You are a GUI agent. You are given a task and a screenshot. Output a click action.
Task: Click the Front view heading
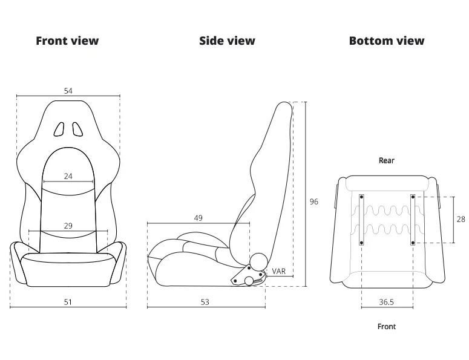coord(67,41)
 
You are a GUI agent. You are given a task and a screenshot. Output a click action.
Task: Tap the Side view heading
coord(228,41)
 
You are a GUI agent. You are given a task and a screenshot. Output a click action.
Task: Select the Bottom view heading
coord(387,41)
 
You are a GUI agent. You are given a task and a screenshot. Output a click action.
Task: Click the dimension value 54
coord(68,91)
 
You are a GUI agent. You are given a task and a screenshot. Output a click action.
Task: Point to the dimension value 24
coord(68,177)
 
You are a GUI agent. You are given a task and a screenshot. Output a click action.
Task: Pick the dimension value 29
coord(68,226)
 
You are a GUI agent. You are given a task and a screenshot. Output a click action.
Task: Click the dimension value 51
coord(68,302)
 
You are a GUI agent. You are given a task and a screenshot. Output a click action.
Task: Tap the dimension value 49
coord(198,218)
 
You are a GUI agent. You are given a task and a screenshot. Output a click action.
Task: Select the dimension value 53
coord(205,302)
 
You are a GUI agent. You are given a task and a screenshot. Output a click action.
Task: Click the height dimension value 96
coord(313,202)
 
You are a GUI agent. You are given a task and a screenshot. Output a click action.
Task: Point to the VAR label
coord(279,271)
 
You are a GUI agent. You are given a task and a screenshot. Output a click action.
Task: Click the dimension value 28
coord(461,220)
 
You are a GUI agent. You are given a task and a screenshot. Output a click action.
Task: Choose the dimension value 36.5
coord(387,302)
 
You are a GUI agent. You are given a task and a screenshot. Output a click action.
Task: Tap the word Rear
coord(387,160)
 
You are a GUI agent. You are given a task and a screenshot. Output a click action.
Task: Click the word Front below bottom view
coord(387,327)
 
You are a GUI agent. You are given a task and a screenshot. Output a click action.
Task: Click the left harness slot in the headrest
coord(59,129)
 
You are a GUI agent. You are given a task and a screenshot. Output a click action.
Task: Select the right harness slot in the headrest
coord(77,129)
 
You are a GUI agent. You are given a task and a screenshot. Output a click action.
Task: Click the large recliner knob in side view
coord(259,261)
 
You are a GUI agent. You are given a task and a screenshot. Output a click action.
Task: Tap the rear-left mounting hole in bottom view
coord(362,197)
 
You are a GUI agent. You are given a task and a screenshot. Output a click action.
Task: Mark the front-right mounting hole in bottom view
coord(413,243)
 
